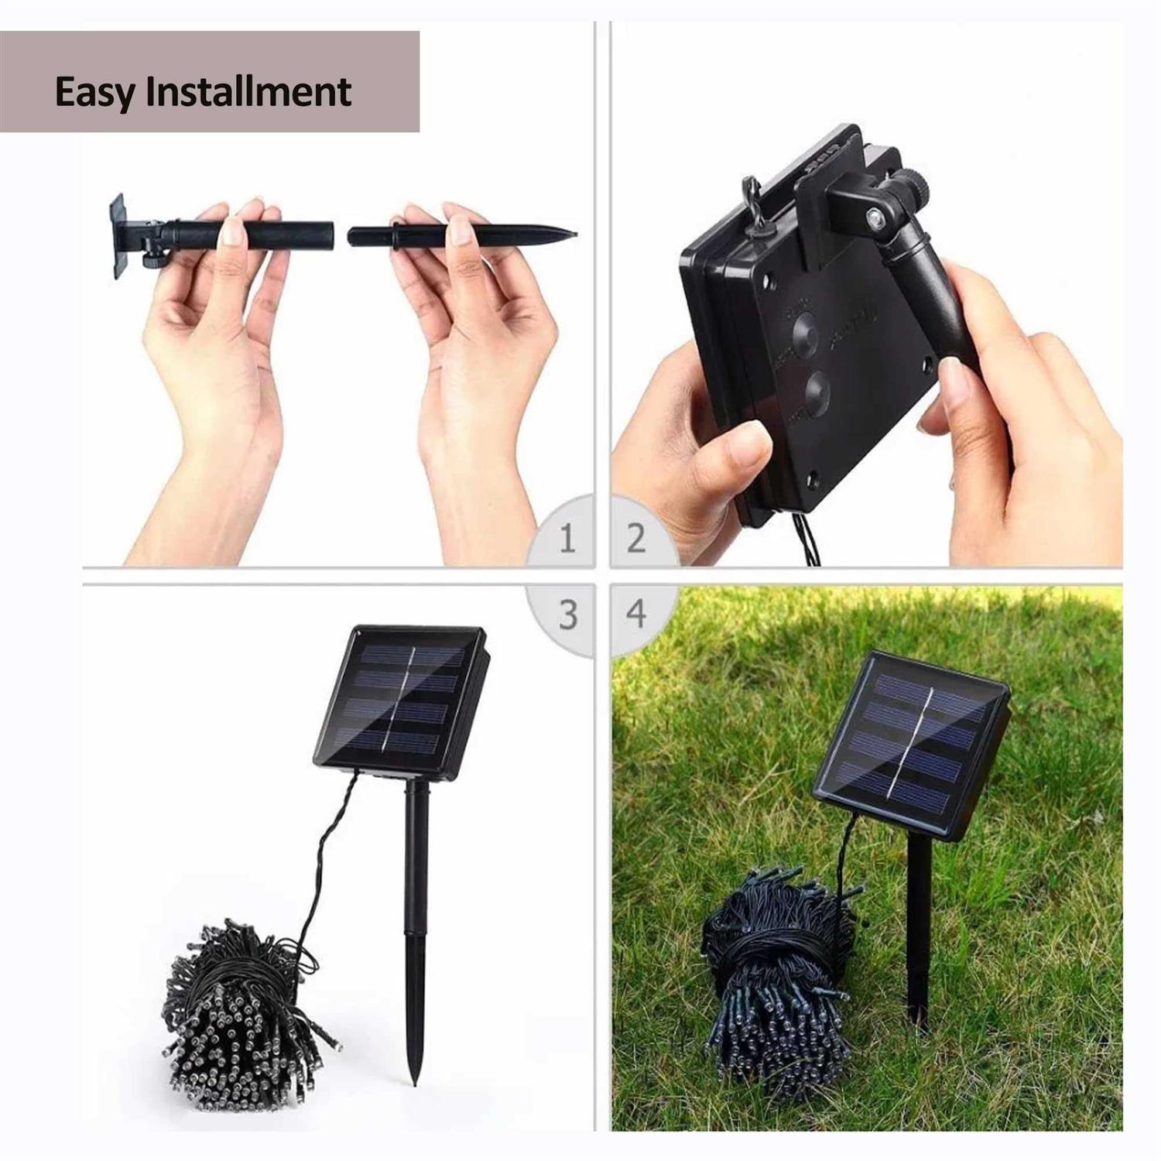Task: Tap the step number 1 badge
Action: [x=567, y=538]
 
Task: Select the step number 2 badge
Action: [x=636, y=538]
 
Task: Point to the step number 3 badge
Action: [x=568, y=615]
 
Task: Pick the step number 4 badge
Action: [x=636, y=613]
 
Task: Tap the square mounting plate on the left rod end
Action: [x=118, y=235]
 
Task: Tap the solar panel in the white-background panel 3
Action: [x=401, y=700]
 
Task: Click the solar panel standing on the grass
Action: [x=912, y=743]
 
